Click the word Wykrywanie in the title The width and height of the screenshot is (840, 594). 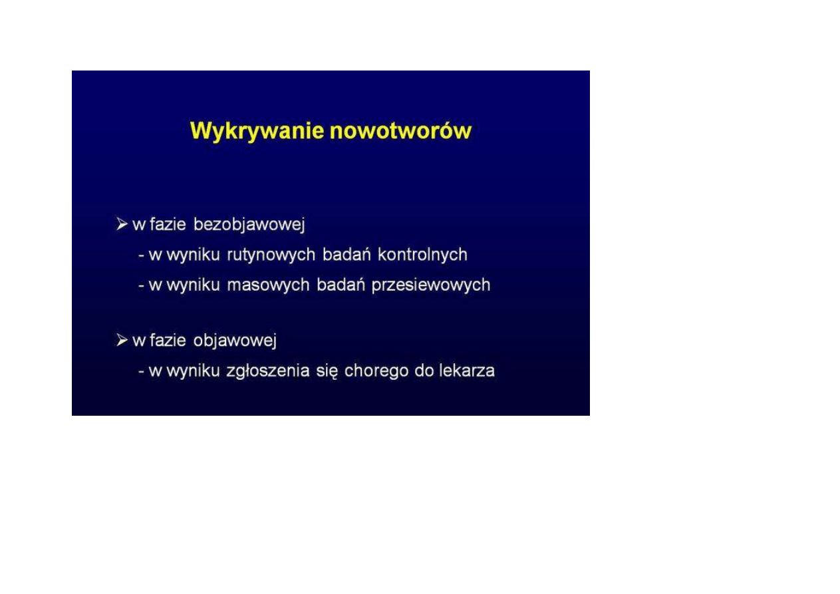pyautogui.click(x=257, y=132)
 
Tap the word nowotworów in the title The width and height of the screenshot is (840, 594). pyautogui.click(x=400, y=131)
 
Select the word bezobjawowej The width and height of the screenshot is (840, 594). pyautogui.click(x=249, y=225)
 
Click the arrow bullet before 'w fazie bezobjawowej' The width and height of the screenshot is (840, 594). pyautogui.click(x=122, y=224)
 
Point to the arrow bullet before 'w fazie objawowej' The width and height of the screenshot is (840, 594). pyautogui.click(x=122, y=340)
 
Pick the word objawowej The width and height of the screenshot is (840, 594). pyautogui.click(x=235, y=341)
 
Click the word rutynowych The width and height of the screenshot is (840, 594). pyautogui.click(x=271, y=255)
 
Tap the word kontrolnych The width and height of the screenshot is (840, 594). pyautogui.click(x=422, y=255)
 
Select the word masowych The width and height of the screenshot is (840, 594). pyautogui.click(x=268, y=285)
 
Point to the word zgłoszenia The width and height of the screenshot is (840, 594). pyautogui.click(x=268, y=372)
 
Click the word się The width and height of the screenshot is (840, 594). pyautogui.click(x=327, y=372)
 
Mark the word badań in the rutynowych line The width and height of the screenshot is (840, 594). pyautogui.click(x=347, y=254)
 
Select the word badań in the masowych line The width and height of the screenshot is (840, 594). pyautogui.click(x=341, y=285)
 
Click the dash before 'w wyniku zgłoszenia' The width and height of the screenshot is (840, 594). pyautogui.click(x=142, y=372)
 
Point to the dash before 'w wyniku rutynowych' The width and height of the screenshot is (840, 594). pyautogui.click(x=142, y=256)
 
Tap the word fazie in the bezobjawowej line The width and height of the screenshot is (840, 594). pyautogui.click(x=168, y=224)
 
